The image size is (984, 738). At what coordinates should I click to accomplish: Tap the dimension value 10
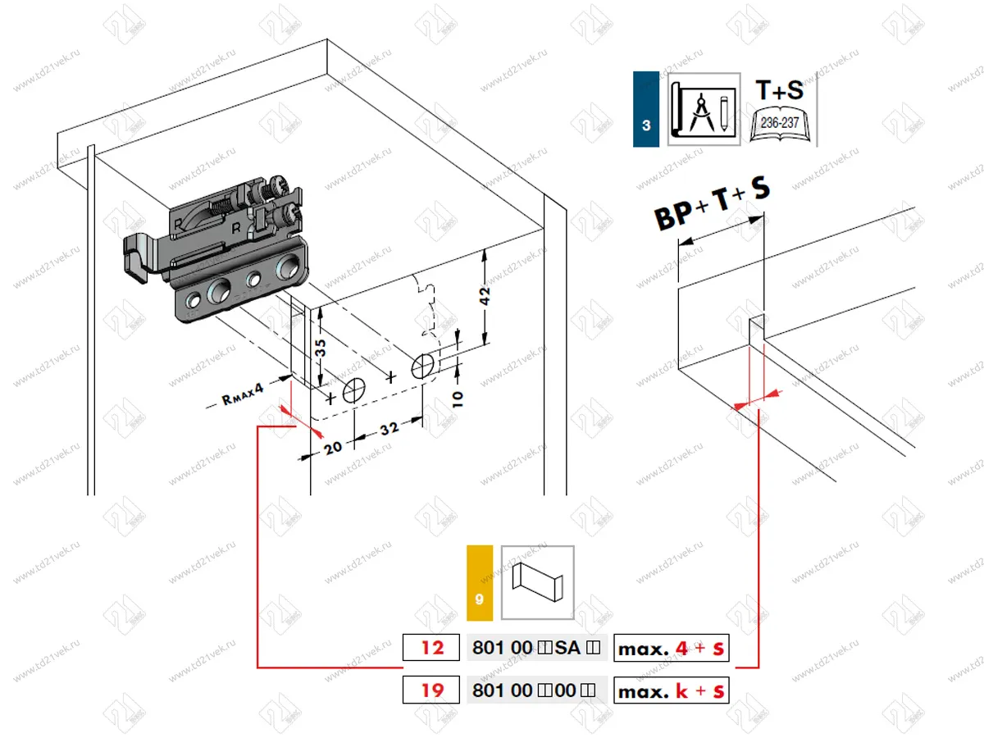pyautogui.click(x=457, y=399)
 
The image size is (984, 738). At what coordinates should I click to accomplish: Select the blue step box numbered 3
pyautogui.click(x=646, y=110)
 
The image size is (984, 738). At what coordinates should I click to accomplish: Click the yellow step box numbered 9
pyautogui.click(x=479, y=582)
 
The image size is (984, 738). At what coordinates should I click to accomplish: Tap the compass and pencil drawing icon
pyautogui.click(x=704, y=110)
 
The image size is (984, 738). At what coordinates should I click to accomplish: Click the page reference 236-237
pyautogui.click(x=780, y=121)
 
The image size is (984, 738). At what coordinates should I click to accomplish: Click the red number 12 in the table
pyautogui.click(x=432, y=649)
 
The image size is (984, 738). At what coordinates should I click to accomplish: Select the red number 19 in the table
pyautogui.click(x=432, y=690)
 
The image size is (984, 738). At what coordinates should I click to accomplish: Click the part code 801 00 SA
pyautogui.click(x=536, y=649)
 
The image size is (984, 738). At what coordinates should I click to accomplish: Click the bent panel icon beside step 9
pyautogui.click(x=537, y=582)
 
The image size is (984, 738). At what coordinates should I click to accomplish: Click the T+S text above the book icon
pyautogui.click(x=779, y=89)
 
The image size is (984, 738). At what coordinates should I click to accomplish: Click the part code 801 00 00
pyautogui.click(x=536, y=690)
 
